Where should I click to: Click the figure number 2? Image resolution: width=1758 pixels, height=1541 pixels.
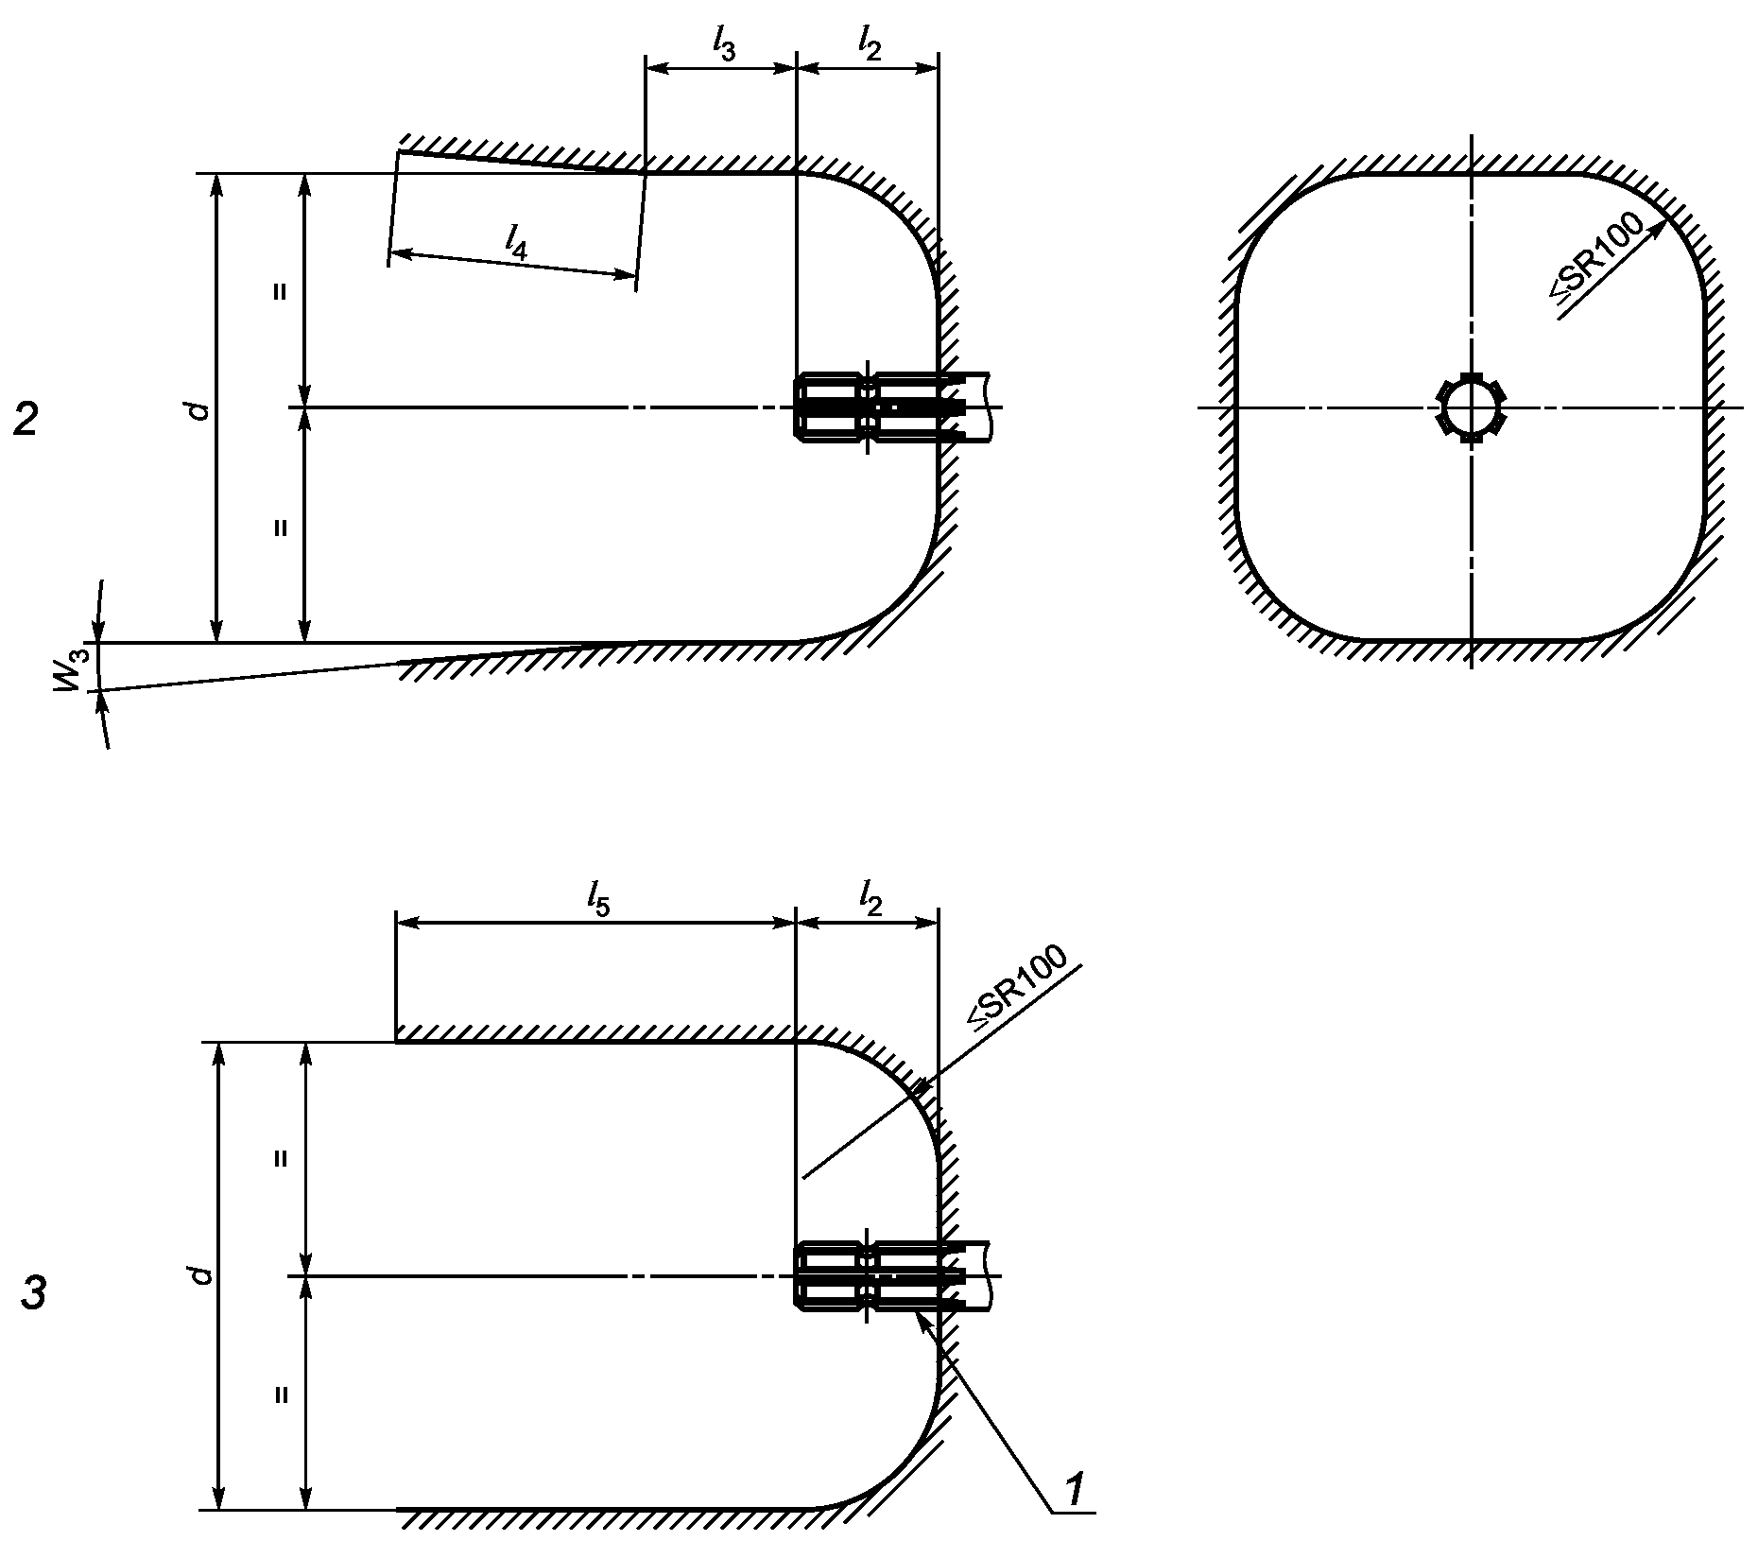[x=26, y=418]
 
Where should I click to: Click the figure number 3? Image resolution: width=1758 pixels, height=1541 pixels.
[x=33, y=1292]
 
